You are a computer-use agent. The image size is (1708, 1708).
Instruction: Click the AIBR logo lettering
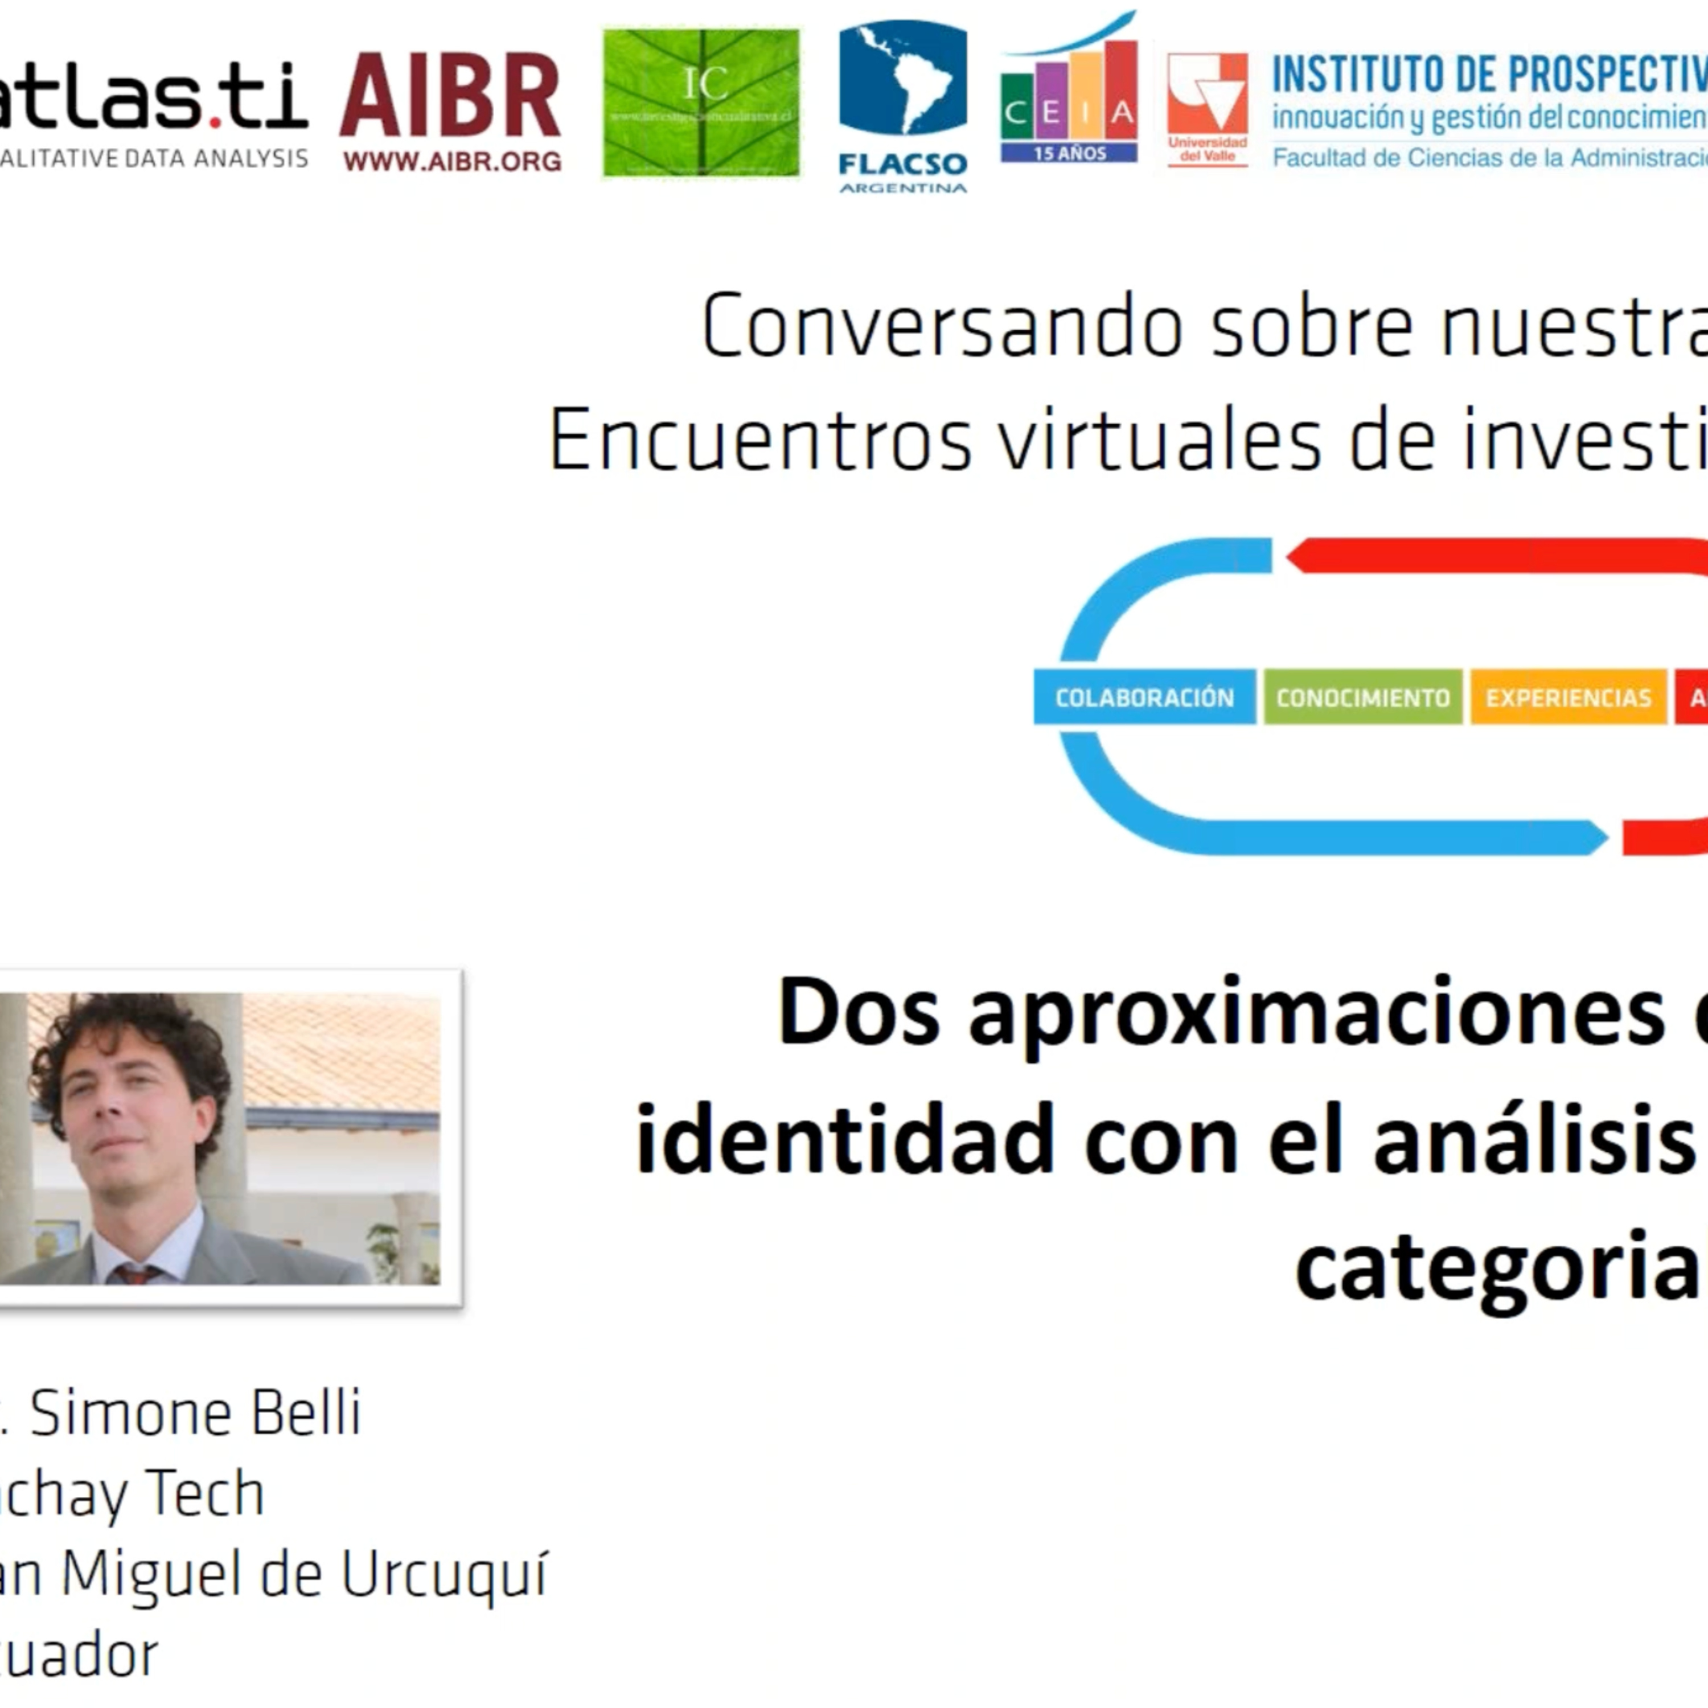pos(450,96)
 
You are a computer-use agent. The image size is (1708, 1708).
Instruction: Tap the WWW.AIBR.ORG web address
pos(451,162)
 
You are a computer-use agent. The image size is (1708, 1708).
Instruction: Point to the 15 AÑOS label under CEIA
pos(1069,154)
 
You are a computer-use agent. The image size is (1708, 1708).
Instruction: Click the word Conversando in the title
pos(942,327)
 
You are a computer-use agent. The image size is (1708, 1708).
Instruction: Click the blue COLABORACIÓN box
pos(1144,697)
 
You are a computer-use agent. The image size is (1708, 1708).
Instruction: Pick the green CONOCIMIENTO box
pos(1362,697)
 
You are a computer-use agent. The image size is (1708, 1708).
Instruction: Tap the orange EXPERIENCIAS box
pos(1567,697)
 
